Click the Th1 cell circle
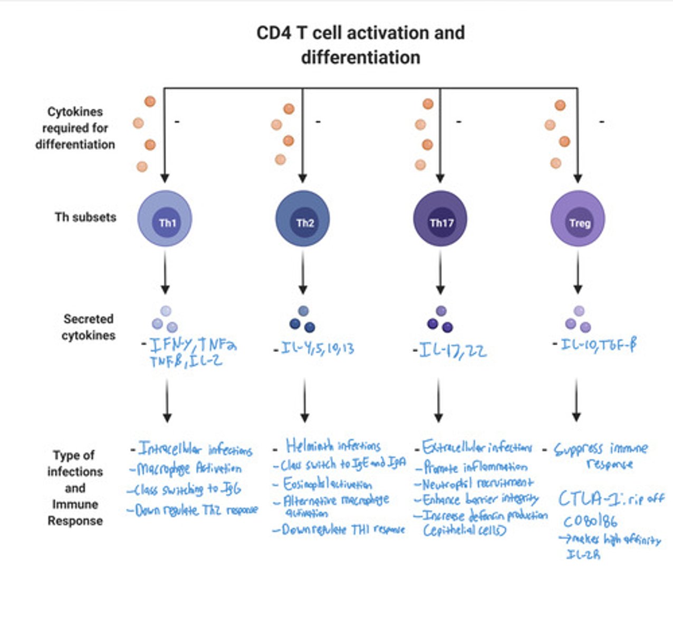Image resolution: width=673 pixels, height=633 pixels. (x=165, y=219)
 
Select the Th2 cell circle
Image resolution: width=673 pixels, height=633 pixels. (x=303, y=219)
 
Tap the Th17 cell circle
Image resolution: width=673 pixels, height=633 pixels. (x=440, y=219)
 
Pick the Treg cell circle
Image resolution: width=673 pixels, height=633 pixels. (x=578, y=219)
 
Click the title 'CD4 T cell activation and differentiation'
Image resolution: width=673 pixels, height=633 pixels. (x=361, y=45)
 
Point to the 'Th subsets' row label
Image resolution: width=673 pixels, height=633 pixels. (x=85, y=217)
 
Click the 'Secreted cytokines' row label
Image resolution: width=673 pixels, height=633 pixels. (x=89, y=327)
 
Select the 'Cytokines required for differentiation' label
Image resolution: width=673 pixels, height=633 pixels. (x=75, y=128)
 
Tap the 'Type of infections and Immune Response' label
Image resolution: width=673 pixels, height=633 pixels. (x=75, y=487)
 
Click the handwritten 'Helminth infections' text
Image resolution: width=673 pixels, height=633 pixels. (x=333, y=446)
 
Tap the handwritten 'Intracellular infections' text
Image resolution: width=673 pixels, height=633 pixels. (x=195, y=449)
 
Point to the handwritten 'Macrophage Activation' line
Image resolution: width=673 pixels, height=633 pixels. (x=189, y=468)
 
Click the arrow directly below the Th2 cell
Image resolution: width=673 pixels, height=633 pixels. (x=303, y=273)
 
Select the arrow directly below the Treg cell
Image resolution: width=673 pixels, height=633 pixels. (x=578, y=273)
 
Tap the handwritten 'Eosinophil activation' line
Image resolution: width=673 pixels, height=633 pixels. (x=328, y=484)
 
